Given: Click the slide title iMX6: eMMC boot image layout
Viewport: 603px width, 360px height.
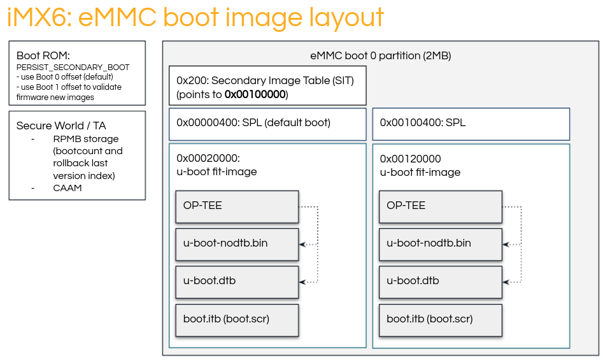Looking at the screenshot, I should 195,18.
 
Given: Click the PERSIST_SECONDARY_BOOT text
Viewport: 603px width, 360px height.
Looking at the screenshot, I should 73,67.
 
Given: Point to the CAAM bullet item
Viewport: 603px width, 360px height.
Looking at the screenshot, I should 67,188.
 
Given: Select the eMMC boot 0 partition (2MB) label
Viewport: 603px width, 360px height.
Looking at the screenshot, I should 380,55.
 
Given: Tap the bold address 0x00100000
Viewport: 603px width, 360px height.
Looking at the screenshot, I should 255,95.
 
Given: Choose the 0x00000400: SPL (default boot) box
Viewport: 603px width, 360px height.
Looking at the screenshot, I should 267,123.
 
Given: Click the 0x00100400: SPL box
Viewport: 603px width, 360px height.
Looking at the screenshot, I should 471,123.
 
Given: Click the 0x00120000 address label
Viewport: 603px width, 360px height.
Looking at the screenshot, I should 410,159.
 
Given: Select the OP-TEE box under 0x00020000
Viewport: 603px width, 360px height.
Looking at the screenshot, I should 237,206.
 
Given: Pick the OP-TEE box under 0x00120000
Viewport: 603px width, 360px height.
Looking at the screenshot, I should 440,206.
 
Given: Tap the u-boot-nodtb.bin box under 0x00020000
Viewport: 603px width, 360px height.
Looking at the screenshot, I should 237,243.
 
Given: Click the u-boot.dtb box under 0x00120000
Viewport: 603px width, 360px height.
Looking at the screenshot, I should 440,281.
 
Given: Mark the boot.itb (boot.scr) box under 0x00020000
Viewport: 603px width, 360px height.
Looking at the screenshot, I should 237,319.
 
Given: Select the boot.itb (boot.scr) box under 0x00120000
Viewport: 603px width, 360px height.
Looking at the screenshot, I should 440,319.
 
